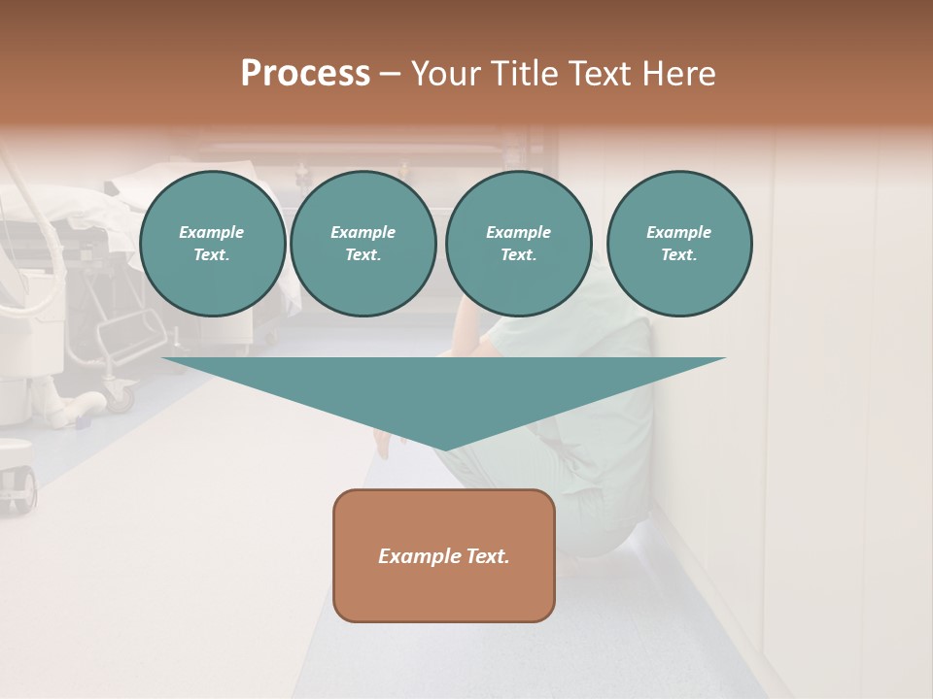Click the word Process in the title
pos(305,74)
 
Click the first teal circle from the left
pos(212,243)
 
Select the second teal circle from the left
pos(363,243)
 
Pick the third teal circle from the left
pos(518,243)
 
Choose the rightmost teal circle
pos(678,243)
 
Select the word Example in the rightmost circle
pos(678,232)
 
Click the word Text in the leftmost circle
pos(211,254)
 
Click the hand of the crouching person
pos(383,446)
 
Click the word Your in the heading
pos(445,74)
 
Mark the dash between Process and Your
pos(390,74)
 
